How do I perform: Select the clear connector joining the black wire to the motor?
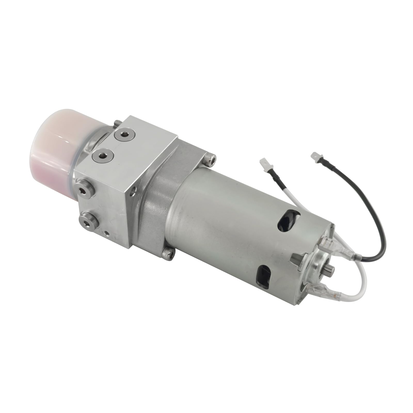click(x=338, y=250)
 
